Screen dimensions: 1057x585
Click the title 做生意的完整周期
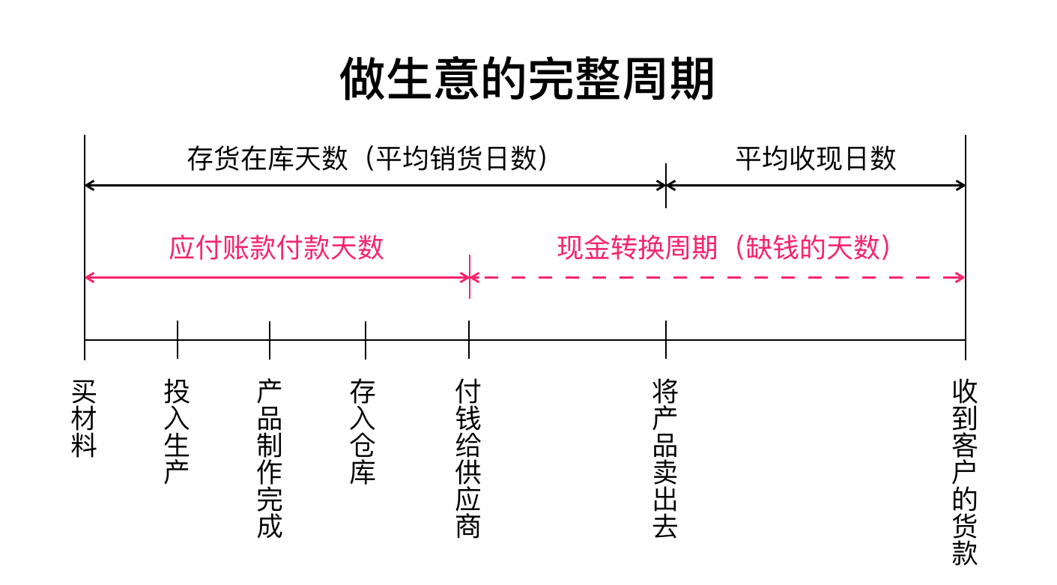527,79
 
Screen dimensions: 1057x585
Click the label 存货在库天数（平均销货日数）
368,159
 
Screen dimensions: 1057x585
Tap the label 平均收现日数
816,159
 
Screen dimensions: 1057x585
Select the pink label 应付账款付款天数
276,248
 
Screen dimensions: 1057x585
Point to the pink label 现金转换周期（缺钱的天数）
725,248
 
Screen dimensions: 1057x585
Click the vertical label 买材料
84,418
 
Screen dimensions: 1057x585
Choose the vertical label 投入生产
177,431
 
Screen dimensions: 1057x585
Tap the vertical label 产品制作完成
270,458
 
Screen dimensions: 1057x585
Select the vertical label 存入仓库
363,431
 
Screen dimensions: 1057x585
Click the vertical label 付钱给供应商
468,458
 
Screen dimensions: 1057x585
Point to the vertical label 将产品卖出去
665,458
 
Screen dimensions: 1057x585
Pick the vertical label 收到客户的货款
965,472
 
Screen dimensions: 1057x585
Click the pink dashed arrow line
718,277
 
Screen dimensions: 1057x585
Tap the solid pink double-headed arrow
277,277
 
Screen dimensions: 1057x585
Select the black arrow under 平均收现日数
816,186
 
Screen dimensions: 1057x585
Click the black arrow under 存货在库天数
375,186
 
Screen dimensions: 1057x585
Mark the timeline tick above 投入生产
178,339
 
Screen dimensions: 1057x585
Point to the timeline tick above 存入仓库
366,339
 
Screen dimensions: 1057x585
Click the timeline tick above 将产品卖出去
666,339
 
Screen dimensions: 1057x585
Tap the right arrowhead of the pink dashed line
960,277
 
